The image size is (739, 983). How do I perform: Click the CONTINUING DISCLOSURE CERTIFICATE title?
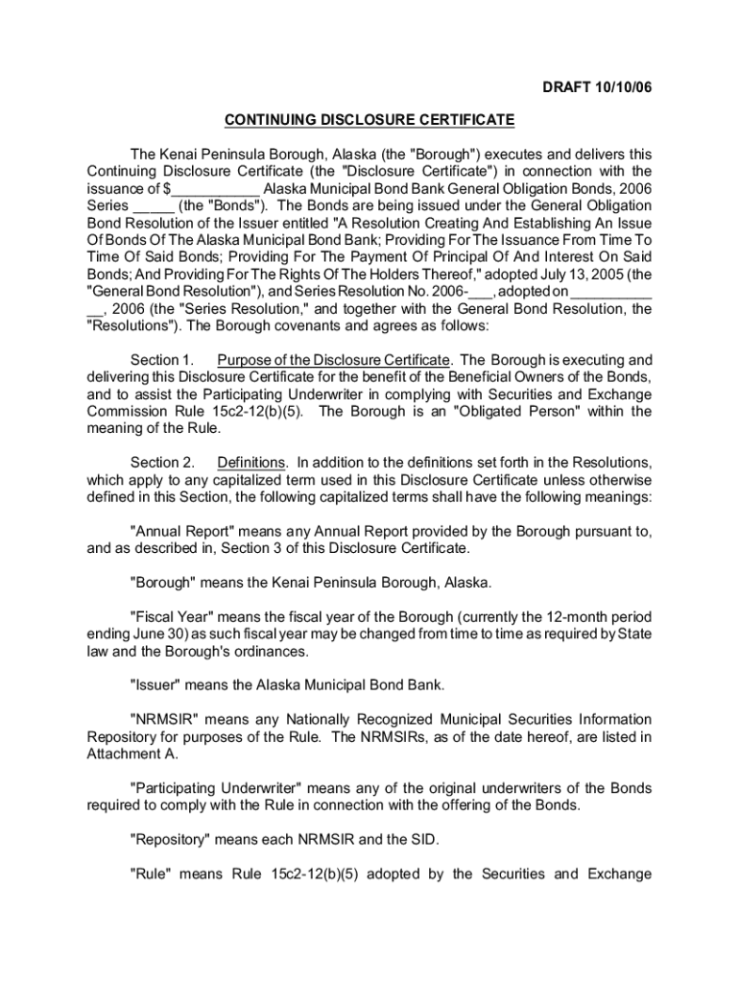[x=369, y=120]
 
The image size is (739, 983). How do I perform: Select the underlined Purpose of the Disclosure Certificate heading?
[x=334, y=360]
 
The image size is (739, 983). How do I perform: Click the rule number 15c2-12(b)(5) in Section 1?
[x=258, y=412]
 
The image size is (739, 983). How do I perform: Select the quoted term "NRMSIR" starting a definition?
[x=163, y=719]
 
